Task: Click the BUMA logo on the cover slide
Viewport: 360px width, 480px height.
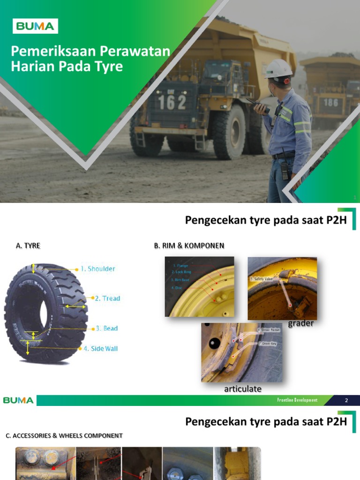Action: pyautogui.click(x=35, y=26)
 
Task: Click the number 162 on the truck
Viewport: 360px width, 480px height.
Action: pyautogui.click(x=172, y=102)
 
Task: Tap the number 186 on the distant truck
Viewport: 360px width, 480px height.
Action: pyautogui.click(x=331, y=102)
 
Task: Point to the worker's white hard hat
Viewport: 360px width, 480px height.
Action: pyautogui.click(x=278, y=69)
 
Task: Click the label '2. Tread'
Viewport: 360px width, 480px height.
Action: pyautogui.click(x=107, y=298)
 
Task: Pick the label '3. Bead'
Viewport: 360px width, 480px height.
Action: pyautogui.click(x=107, y=328)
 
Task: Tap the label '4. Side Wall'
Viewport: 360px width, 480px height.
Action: pyautogui.click(x=101, y=348)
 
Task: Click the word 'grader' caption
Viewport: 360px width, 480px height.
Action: pyautogui.click(x=300, y=323)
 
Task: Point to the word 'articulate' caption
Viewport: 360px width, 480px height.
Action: pyautogui.click(x=242, y=389)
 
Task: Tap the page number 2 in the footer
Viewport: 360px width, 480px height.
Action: pyautogui.click(x=346, y=400)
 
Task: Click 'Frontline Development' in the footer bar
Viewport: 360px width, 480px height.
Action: pyautogui.click(x=297, y=400)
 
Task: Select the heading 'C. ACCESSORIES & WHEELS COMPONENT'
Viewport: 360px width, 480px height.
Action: pyautogui.click(x=64, y=435)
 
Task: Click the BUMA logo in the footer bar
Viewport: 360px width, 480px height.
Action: pyautogui.click(x=18, y=400)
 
